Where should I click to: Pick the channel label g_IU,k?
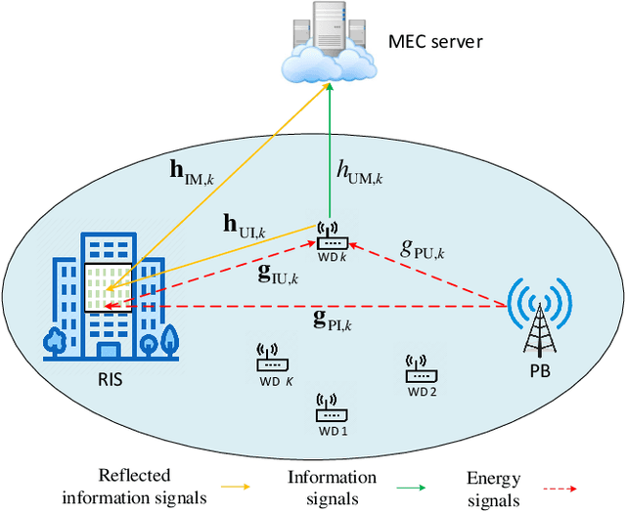point(279,276)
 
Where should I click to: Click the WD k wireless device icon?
point(330,237)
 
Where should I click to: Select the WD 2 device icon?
point(421,369)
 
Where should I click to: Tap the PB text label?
point(540,372)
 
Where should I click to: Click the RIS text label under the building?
point(111,380)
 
